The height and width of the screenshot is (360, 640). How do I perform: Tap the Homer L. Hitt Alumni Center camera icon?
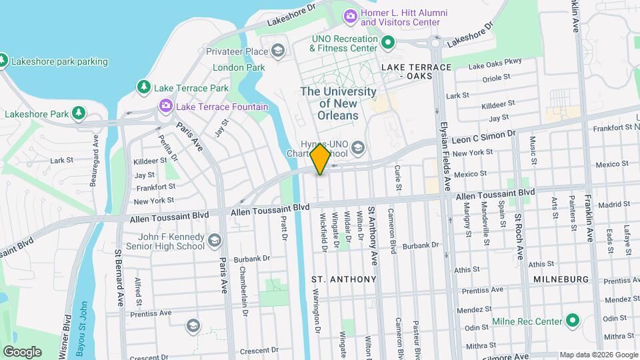tap(350, 15)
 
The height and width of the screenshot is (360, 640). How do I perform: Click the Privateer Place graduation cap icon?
tap(277, 51)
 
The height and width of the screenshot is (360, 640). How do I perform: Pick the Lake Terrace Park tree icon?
tap(143, 87)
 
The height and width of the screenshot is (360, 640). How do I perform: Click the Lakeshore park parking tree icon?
tap(3, 61)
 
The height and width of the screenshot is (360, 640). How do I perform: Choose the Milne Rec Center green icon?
tap(572, 321)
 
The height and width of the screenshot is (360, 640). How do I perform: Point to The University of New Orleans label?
tap(339, 103)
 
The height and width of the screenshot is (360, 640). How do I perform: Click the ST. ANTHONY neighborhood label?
tap(344, 279)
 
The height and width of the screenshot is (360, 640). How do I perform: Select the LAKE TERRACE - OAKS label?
tap(417, 71)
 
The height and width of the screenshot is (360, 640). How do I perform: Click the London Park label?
tap(239, 67)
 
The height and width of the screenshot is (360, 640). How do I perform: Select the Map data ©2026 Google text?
tap(598, 354)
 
